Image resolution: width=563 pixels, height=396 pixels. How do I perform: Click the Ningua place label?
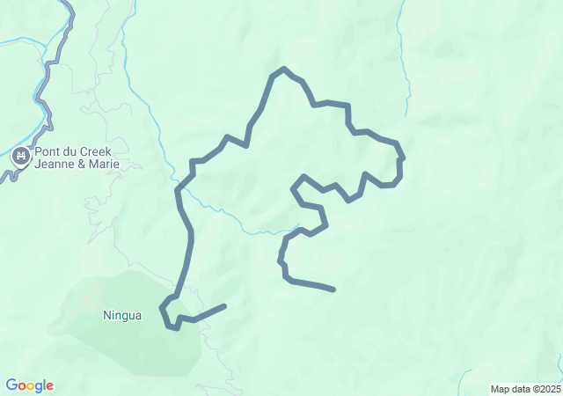coord(122,315)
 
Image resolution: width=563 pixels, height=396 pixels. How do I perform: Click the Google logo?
coord(29,385)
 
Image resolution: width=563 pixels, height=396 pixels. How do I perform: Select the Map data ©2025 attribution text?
coord(524,389)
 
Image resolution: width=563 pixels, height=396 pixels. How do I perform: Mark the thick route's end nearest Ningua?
coord(224,306)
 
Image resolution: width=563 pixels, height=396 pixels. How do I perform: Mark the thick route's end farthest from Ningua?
coord(333,289)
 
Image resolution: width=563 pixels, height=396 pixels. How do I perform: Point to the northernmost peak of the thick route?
coord(283,69)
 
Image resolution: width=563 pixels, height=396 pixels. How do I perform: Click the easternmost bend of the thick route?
coord(401,159)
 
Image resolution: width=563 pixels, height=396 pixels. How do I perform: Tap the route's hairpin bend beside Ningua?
coord(163,309)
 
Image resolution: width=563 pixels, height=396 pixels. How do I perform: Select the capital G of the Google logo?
coord(11,385)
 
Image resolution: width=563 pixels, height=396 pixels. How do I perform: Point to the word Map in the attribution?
coord(500,389)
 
